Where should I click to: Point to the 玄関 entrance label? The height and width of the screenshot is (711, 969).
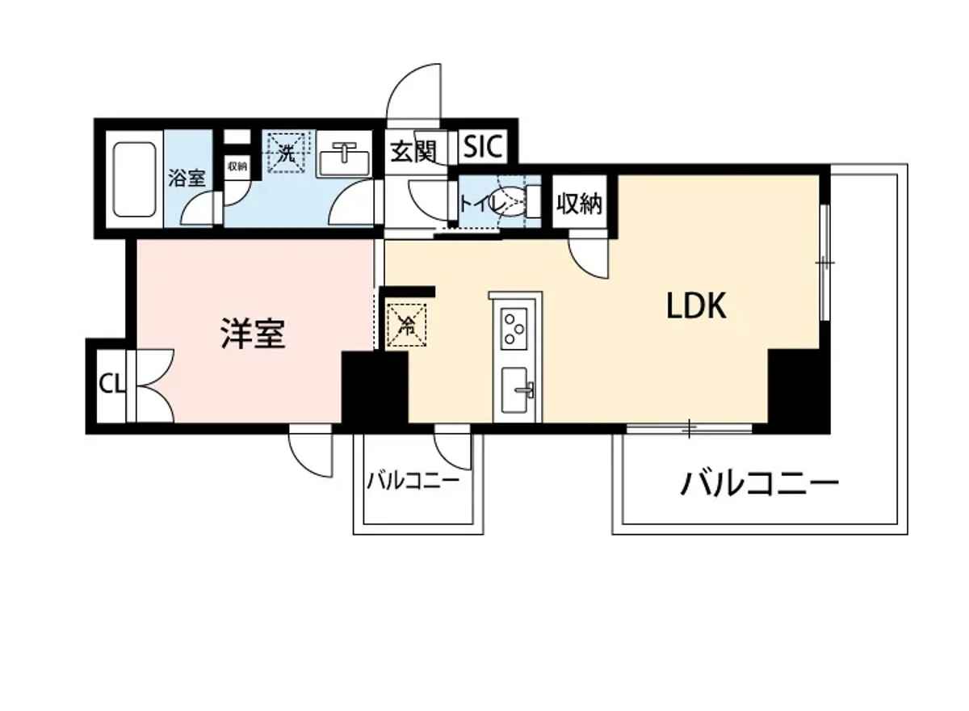pos(414,151)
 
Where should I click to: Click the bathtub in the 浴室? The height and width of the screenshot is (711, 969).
pos(134,179)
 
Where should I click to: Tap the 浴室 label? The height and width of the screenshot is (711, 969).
pos(187,178)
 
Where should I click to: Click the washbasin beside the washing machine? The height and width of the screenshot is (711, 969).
pos(345,157)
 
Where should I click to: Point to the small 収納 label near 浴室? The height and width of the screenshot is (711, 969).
pos(237,166)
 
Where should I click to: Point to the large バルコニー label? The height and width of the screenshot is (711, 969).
pos(759,484)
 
